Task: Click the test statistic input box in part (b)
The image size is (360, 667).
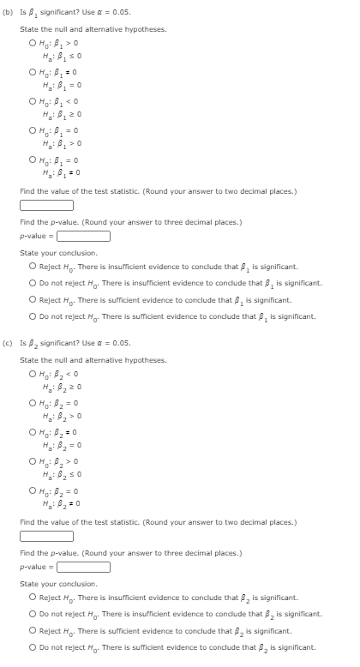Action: (46, 205)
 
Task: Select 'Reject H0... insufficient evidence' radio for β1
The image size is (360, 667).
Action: (33, 267)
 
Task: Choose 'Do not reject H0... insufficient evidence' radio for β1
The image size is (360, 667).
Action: (33, 283)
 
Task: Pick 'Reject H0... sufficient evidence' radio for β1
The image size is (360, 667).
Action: (33, 300)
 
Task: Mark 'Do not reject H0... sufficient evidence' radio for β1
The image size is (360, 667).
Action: (33, 316)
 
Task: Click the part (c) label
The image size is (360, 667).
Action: (9, 343)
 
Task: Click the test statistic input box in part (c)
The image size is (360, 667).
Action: (46, 537)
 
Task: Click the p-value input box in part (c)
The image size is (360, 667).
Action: (83, 566)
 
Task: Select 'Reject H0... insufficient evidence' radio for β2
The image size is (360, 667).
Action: (33, 597)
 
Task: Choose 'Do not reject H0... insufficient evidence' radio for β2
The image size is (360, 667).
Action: (33, 614)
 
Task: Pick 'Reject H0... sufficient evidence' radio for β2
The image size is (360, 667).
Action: (33, 630)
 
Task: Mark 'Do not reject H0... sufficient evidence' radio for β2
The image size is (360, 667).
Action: (33, 647)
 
